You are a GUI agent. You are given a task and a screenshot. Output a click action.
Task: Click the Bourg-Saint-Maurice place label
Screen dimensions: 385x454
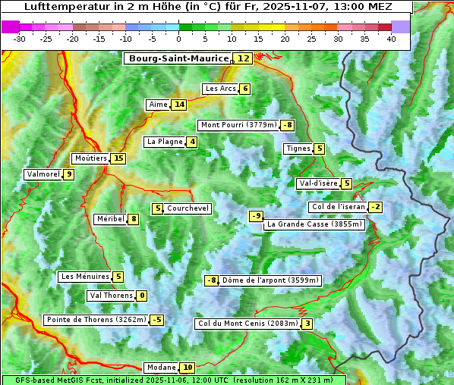(x=178, y=58)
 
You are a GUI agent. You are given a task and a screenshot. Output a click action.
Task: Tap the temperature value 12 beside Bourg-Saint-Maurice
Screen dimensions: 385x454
(x=244, y=58)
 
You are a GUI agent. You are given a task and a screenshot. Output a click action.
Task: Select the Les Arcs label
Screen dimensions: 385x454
(x=221, y=89)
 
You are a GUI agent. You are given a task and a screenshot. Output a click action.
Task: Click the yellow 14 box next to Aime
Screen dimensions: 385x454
(x=178, y=105)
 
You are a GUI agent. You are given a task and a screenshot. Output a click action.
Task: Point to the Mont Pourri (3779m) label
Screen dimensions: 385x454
(x=238, y=125)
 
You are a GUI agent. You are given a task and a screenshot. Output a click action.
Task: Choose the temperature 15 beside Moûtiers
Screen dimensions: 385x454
(x=118, y=158)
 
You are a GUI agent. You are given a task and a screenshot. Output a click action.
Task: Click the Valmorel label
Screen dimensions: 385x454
(x=43, y=174)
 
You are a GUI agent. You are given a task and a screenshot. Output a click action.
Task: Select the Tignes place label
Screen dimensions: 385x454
(x=298, y=149)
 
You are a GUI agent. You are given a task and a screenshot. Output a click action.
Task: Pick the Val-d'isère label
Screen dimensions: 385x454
(x=318, y=183)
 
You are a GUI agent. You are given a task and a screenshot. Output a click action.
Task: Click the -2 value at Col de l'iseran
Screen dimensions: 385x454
(x=375, y=207)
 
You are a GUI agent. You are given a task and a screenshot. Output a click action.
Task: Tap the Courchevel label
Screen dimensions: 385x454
(x=188, y=208)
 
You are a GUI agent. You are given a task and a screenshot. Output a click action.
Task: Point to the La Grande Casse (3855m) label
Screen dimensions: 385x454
(x=314, y=224)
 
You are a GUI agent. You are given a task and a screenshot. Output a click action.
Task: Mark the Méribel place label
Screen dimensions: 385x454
(x=110, y=219)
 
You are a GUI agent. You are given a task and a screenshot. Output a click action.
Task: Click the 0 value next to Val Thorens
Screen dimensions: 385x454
(x=142, y=296)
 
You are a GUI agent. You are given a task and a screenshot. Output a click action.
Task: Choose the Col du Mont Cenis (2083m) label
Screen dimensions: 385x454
(x=247, y=324)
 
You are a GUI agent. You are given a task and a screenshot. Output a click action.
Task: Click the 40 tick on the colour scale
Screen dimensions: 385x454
(x=391, y=39)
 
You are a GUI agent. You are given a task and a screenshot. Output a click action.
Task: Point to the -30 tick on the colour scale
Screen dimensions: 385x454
(x=20, y=39)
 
